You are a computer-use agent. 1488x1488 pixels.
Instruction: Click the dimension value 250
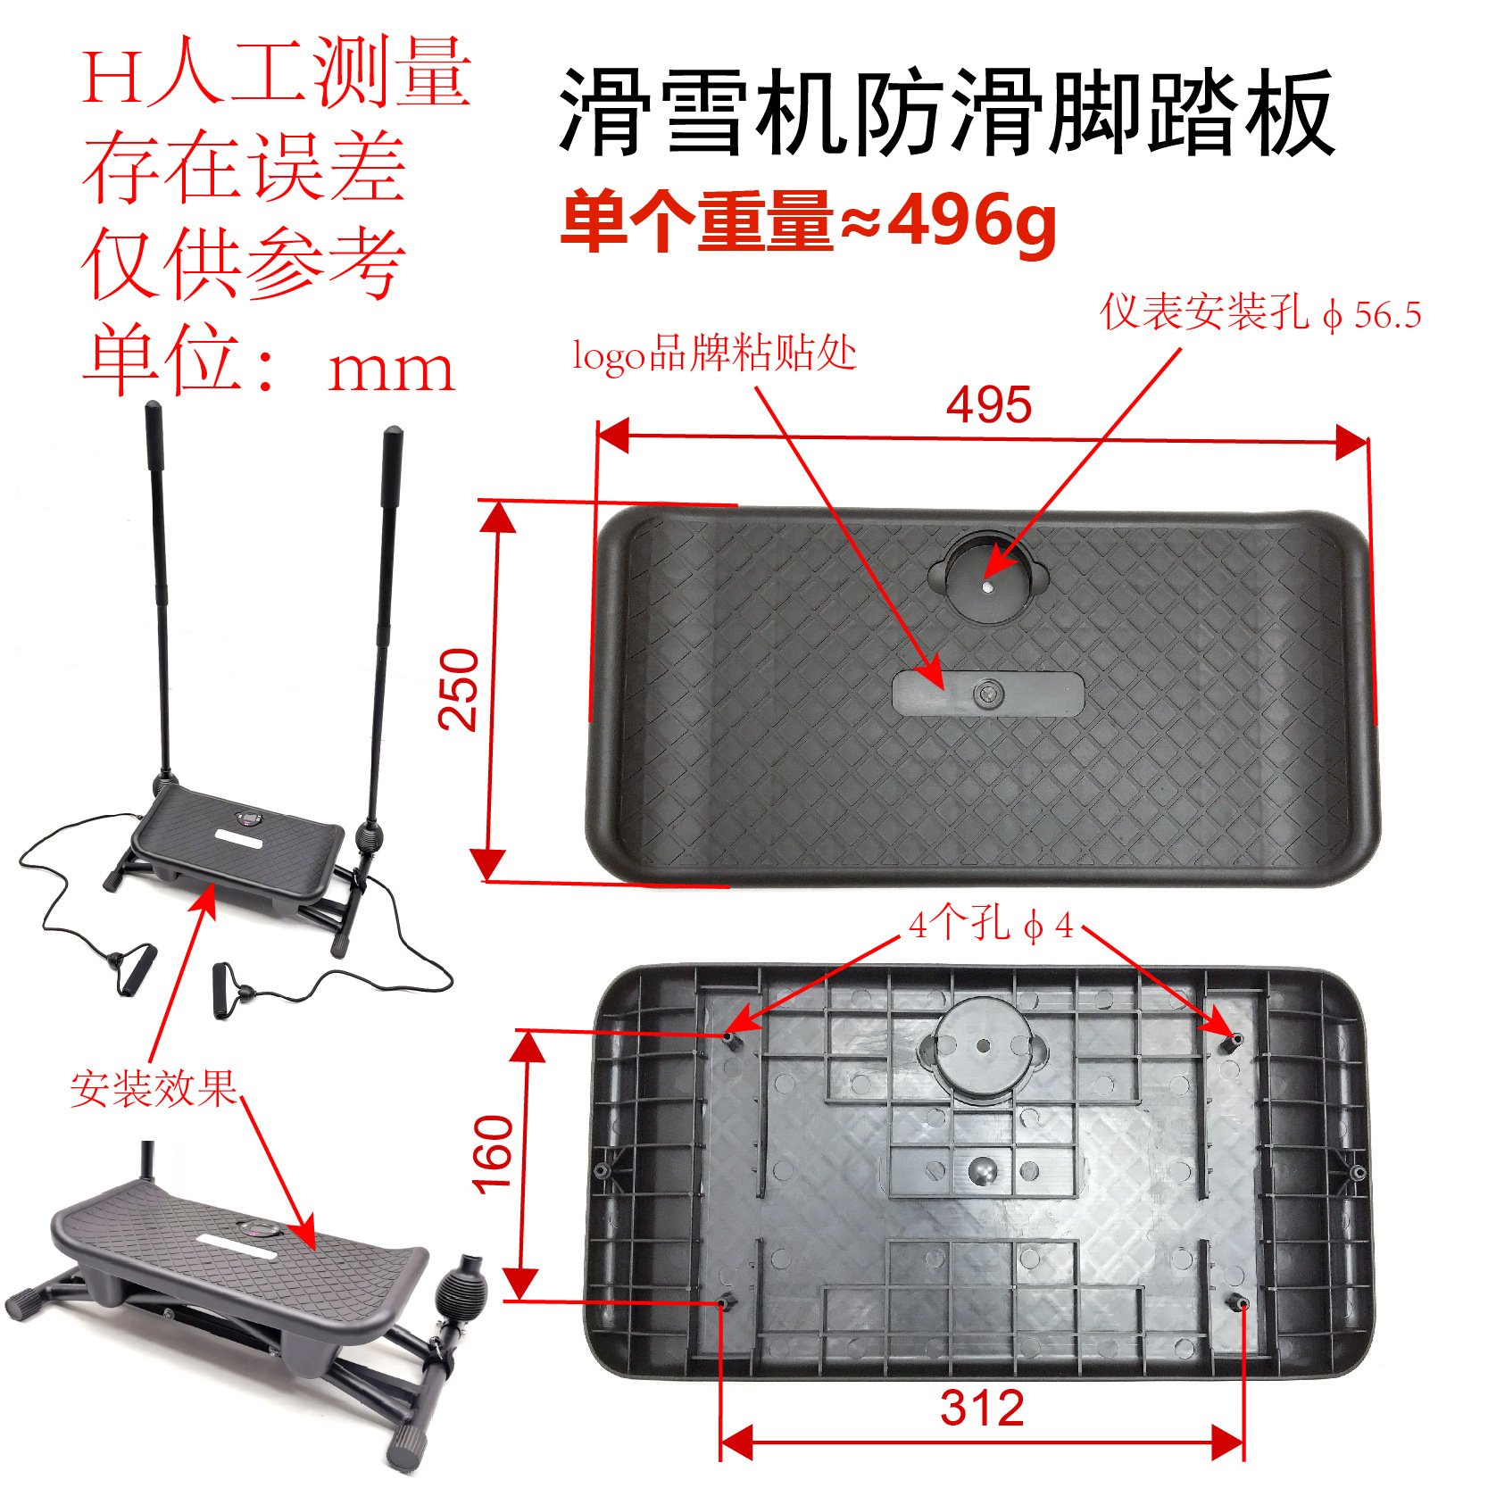[x=459, y=690]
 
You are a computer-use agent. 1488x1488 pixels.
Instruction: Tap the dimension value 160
[x=493, y=1154]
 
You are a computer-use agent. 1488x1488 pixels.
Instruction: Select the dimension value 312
[x=982, y=1408]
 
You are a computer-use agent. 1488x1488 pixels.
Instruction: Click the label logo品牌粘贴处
[x=714, y=353]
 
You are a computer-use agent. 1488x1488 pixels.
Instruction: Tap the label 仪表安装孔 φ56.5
[x=1259, y=313]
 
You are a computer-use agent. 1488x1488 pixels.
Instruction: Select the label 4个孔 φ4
[x=990, y=925]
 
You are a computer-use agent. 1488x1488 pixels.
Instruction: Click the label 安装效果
[x=154, y=1088]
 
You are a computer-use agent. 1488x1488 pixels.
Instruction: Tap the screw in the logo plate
[x=988, y=694]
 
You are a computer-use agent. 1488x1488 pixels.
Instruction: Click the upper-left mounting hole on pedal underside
[x=729, y=1038]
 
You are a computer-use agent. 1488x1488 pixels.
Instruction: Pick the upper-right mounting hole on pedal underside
[x=1237, y=1039]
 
